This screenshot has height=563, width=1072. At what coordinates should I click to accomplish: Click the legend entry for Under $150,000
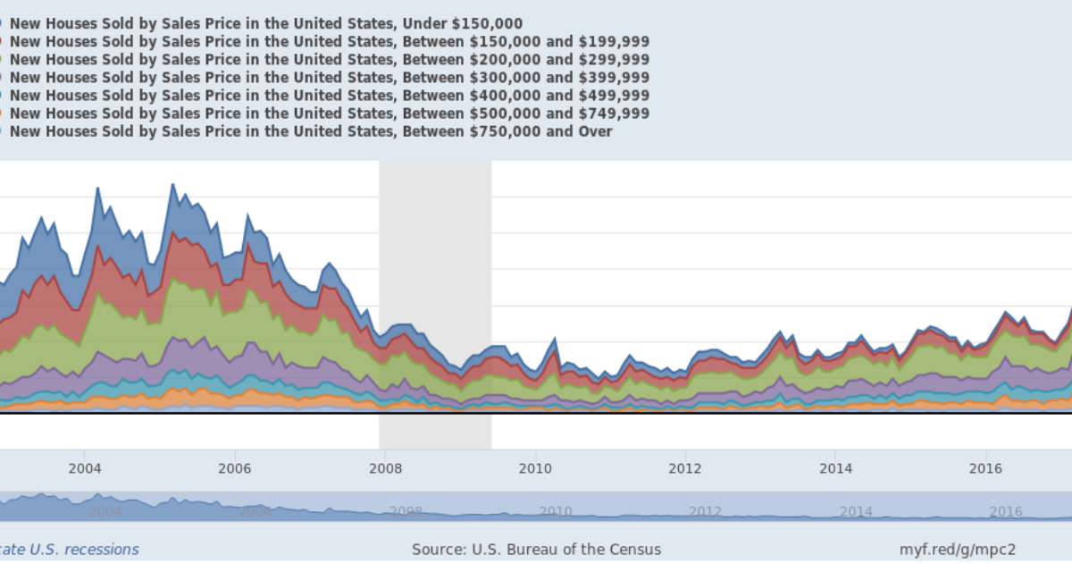[266, 24]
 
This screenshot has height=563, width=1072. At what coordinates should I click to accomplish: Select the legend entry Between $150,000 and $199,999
[329, 42]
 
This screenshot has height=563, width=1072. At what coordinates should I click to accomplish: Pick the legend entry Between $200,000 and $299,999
[329, 60]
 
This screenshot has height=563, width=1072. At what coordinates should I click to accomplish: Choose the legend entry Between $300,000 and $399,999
[329, 78]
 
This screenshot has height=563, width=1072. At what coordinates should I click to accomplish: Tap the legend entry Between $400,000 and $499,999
[329, 96]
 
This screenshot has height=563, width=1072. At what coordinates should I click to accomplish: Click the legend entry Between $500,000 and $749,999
[329, 113]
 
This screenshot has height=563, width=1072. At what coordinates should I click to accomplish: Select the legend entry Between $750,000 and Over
[311, 131]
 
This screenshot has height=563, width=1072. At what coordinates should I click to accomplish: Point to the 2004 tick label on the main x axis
[84, 468]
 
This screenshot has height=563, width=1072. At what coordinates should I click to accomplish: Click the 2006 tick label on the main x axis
[234, 468]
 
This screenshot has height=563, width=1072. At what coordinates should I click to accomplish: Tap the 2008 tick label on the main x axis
[384, 468]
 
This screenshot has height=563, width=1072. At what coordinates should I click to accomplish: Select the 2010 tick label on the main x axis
[534, 468]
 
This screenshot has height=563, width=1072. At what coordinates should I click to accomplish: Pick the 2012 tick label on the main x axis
[685, 468]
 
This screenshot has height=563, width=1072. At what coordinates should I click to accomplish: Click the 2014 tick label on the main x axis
[835, 468]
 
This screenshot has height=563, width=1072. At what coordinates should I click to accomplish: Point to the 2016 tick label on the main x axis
[985, 468]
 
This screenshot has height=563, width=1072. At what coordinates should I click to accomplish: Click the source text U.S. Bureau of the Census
[536, 550]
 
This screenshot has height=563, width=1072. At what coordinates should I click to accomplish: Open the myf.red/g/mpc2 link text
[958, 550]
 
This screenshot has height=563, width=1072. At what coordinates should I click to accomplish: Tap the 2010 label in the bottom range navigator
[555, 511]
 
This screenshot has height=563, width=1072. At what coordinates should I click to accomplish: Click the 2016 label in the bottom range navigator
[1006, 511]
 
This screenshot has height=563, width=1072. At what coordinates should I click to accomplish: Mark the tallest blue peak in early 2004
[97, 189]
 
